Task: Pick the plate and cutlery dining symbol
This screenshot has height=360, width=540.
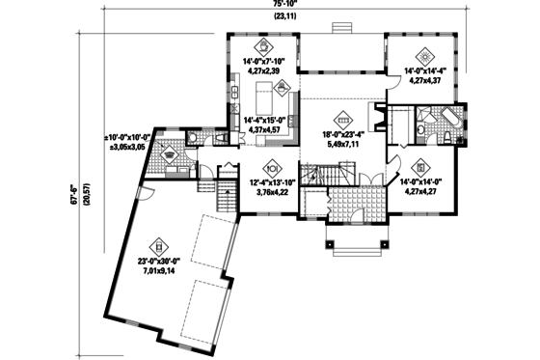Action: pos(272,164)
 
